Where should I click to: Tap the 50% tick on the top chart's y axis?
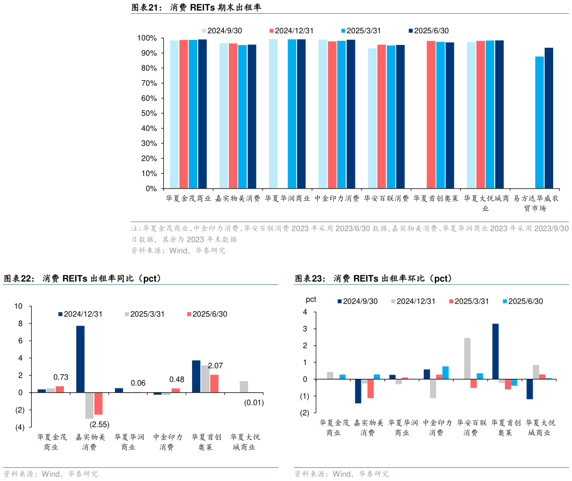149,113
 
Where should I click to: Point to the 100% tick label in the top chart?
147,38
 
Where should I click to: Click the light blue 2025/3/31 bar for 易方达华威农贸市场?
539,122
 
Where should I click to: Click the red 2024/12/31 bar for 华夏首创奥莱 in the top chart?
431,114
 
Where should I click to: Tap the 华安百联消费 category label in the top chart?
387,198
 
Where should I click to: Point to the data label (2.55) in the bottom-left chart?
99,424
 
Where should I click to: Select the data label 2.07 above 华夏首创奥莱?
215,366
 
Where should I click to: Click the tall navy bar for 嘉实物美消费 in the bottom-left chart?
81,359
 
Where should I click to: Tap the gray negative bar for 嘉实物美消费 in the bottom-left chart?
89,405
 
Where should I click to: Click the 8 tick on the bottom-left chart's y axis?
19,323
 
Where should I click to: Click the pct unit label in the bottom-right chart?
311,300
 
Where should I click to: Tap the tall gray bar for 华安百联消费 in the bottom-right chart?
467,358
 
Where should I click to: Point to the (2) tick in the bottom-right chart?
304,413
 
